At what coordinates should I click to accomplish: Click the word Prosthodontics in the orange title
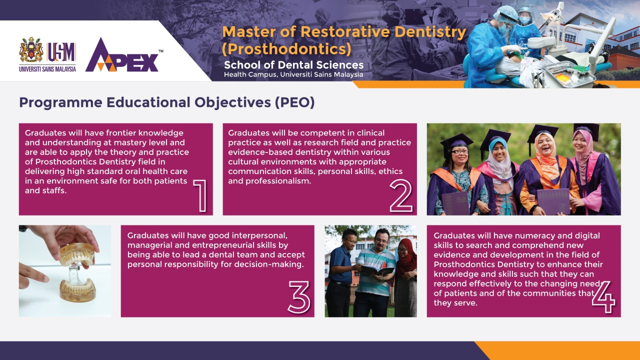click(286, 49)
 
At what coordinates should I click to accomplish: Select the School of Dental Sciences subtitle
click(293, 65)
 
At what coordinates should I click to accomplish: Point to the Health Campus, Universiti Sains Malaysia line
click(293, 74)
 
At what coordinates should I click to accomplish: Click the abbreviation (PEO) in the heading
click(295, 102)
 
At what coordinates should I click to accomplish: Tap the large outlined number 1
click(200, 195)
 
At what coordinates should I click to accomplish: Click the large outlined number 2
click(401, 195)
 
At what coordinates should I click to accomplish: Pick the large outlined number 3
click(299, 297)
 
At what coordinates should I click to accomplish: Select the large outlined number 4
click(603, 297)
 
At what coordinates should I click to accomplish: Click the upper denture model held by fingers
click(77, 254)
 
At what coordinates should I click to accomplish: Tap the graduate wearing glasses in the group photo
click(457, 177)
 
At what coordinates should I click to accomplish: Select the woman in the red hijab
click(405, 277)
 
